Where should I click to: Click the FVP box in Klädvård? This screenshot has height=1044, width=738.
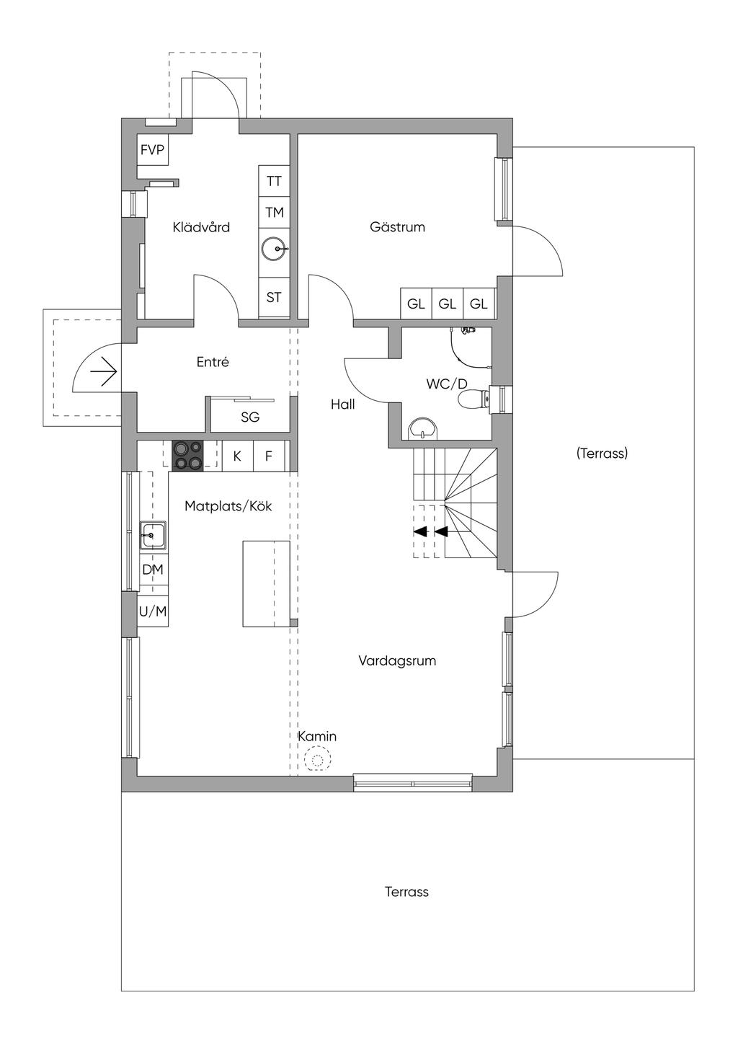coord(152,151)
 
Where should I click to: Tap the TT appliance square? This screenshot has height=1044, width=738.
coord(274,181)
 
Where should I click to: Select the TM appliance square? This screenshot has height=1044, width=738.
coord(274,213)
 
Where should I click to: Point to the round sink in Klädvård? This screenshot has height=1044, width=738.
coord(273,249)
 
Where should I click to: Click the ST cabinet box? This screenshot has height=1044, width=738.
coord(274,297)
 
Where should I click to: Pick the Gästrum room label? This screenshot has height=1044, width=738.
coord(397,227)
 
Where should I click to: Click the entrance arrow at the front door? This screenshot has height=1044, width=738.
coord(103,372)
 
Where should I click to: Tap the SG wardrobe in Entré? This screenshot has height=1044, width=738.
coord(250,417)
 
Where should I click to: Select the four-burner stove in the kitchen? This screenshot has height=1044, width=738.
coord(188,455)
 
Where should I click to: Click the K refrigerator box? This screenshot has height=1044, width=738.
coord(237,456)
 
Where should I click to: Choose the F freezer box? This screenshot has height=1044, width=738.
coord(269,456)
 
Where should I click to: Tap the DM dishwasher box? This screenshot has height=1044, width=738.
coord(153,570)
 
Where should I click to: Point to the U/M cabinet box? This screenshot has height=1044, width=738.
coord(153,611)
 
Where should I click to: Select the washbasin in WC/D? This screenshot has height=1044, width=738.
coord(422,430)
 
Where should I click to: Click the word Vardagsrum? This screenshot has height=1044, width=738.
coord(397,660)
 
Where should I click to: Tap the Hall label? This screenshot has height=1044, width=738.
coord(343,404)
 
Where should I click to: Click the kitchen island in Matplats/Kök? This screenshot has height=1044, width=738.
coord(266,583)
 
